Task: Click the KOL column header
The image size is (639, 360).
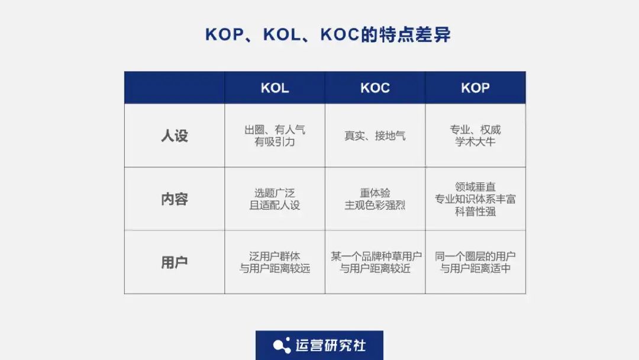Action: pyautogui.click(x=275, y=88)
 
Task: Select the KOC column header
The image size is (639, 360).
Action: pyautogui.click(x=375, y=88)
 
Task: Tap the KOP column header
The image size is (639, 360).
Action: pyautogui.click(x=475, y=88)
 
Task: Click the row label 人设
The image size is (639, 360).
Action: pyautogui.click(x=175, y=136)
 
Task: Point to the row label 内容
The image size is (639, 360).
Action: pyautogui.click(x=175, y=199)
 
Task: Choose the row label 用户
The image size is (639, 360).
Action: pyautogui.click(x=175, y=262)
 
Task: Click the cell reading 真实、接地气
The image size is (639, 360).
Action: pyautogui.click(x=375, y=136)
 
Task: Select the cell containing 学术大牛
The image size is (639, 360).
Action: pyautogui.click(x=475, y=136)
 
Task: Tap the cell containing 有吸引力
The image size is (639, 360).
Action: pyautogui.click(x=275, y=136)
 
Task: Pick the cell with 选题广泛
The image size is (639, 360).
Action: pyautogui.click(x=275, y=199)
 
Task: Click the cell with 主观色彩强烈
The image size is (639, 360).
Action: pyautogui.click(x=375, y=199)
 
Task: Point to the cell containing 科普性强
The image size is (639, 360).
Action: pyautogui.click(x=475, y=199)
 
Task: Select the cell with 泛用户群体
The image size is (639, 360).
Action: pyautogui.click(x=275, y=262)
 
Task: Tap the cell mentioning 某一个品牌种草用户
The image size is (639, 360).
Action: pyautogui.click(x=375, y=262)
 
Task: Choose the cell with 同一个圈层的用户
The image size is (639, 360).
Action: pyautogui.click(x=475, y=262)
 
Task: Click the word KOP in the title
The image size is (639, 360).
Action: pyautogui.click(x=224, y=35)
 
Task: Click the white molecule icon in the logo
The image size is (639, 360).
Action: pyautogui.click(x=282, y=346)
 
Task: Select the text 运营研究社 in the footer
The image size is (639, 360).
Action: pyautogui.click(x=331, y=346)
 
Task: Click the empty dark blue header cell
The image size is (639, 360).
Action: pyautogui.click(x=175, y=88)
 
